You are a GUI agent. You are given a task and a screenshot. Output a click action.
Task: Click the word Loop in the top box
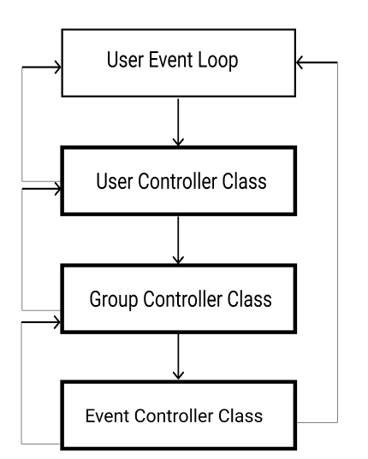tap(218, 61)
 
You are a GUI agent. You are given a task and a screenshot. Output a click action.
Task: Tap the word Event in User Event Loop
tap(171, 60)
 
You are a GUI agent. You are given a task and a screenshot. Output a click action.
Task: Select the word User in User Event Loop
tap(126, 60)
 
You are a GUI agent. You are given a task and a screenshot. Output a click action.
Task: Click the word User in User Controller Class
tap(115, 181)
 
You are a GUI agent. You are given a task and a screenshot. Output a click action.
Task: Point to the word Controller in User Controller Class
tap(177, 181)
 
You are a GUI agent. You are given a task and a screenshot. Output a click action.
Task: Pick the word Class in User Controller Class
tap(245, 181)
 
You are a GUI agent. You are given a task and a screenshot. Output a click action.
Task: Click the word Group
tap(114, 300)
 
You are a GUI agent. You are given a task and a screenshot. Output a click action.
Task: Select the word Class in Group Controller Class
tap(250, 299)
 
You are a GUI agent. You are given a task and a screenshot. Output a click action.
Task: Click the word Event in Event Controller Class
tap(107, 416)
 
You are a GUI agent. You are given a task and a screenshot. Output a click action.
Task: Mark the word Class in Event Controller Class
tap(240, 415)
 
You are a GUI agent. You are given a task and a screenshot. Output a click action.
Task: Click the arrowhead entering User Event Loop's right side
tap(300, 62)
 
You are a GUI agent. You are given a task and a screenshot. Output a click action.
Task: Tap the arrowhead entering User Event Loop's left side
tap(58, 68)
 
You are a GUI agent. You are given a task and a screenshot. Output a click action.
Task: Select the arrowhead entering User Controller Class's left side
tap(58, 189)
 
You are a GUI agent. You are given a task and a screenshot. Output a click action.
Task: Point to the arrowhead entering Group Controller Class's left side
tap(57, 322)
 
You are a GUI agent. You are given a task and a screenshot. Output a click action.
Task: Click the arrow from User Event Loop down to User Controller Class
tap(178, 122)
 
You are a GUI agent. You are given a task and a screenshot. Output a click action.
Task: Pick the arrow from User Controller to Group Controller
tap(178, 240)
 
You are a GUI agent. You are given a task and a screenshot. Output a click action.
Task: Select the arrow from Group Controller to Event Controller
tap(178, 356)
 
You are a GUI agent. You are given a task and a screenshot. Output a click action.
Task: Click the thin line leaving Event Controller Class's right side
tap(337, 243)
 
